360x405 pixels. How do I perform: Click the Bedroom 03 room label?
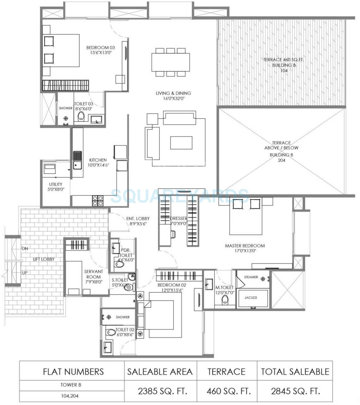tap(100, 48)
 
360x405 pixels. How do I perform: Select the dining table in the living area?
tap(171, 62)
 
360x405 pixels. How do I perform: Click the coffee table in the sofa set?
tap(181, 143)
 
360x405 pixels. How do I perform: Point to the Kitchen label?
tap(98, 160)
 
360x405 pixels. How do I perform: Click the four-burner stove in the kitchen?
tap(98, 201)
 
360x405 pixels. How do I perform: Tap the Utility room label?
tap(56, 184)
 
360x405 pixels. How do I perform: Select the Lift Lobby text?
tap(44, 259)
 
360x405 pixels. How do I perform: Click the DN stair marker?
tap(25, 248)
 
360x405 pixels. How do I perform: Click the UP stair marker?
tap(25, 272)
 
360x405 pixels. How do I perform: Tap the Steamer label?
tap(251, 277)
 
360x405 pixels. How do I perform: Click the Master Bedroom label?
tap(245, 246)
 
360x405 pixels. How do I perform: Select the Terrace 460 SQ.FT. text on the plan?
tap(283, 60)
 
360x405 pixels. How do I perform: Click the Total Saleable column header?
tap(295, 372)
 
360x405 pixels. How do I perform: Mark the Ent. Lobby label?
tap(138, 218)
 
